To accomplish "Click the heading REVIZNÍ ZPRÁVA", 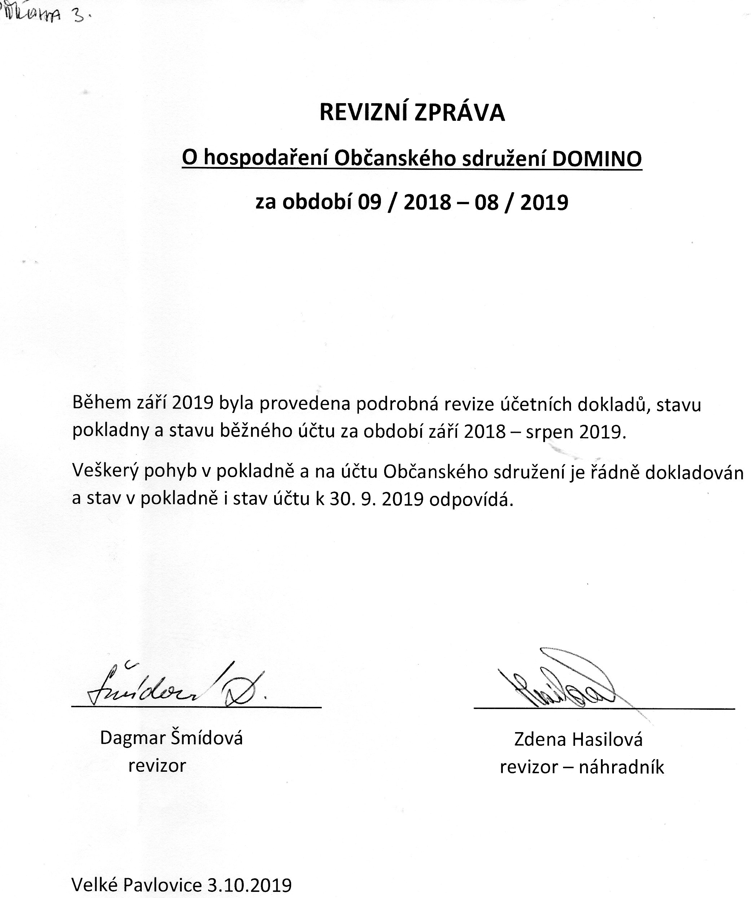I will click(412, 113).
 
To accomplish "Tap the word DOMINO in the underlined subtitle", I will click(597, 159).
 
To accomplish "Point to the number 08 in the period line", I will click(486, 202).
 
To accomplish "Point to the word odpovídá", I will click(471, 499).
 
